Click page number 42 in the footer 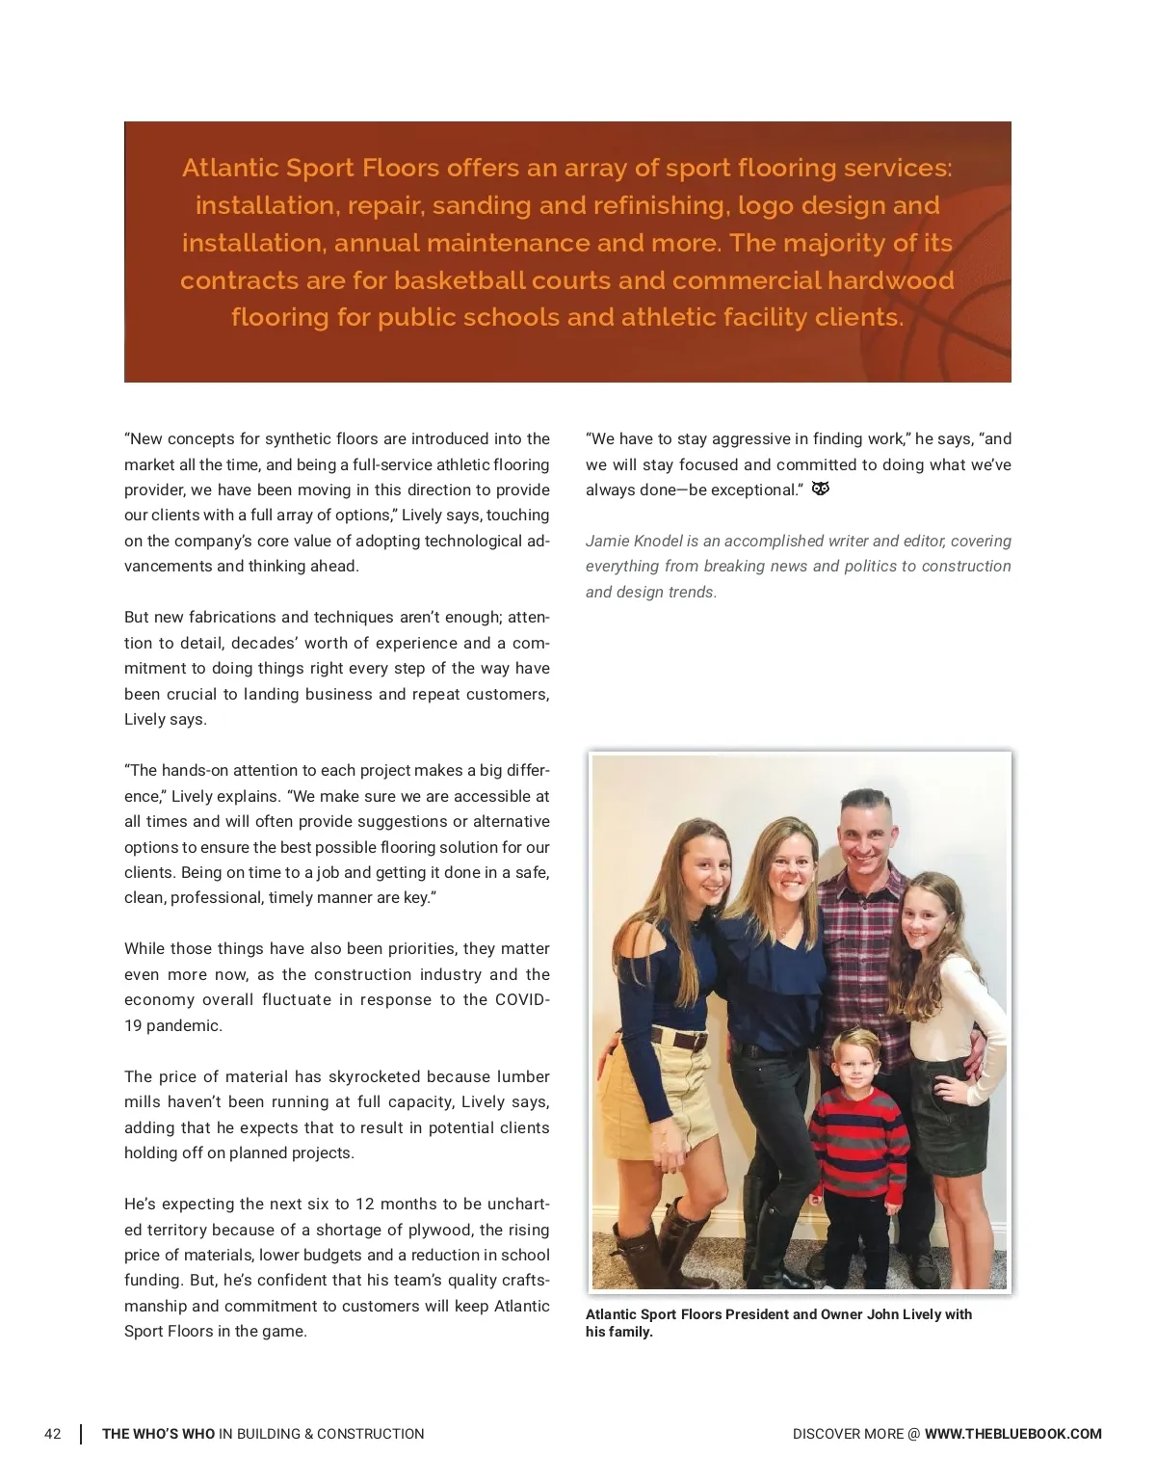(53, 1434)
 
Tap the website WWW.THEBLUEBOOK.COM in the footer (1012, 1434)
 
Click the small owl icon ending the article (821, 489)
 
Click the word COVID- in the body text (521, 999)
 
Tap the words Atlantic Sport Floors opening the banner (310, 168)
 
